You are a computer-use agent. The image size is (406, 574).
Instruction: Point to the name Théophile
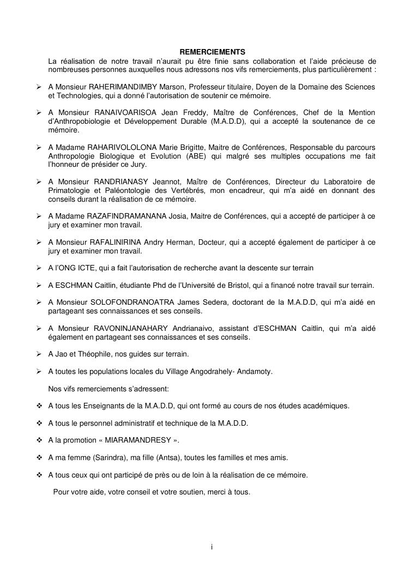tap(92, 354)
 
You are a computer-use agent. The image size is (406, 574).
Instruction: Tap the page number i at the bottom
tap(211, 547)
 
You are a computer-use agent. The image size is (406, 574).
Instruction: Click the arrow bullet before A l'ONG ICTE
tap(40, 268)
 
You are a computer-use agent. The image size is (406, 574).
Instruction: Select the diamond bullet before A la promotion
tap(40, 440)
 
